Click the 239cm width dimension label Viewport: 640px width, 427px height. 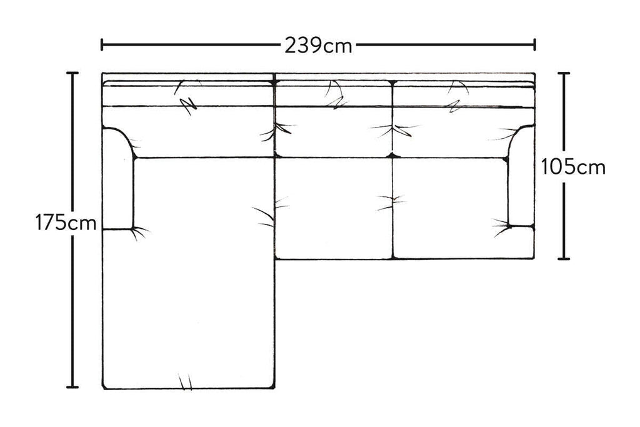[318, 45]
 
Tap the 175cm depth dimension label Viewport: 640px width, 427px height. [66, 223]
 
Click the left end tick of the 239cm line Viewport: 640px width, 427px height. [102, 44]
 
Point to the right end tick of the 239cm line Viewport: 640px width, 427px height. [534, 44]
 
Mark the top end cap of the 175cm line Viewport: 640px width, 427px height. [72, 73]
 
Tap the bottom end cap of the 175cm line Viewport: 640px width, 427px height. [72, 386]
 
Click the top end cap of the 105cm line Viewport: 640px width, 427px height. [564, 73]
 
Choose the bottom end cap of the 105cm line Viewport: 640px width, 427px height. [564, 258]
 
